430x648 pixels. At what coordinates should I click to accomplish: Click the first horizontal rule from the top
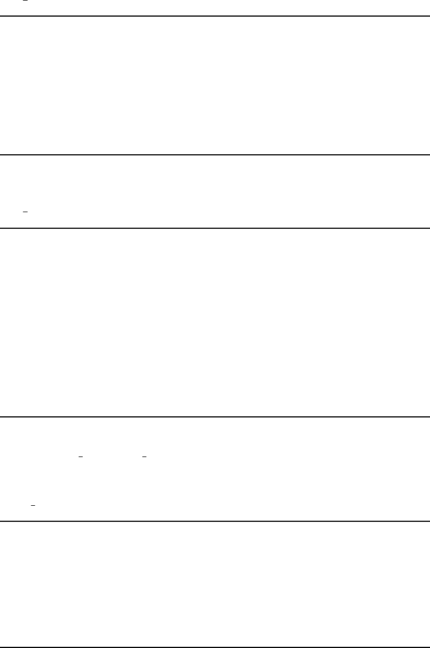click(215, 16)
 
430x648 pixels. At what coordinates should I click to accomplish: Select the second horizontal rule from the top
click(215, 155)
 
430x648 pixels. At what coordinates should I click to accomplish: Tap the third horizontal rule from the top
click(215, 228)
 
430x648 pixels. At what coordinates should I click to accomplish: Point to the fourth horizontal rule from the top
click(215, 417)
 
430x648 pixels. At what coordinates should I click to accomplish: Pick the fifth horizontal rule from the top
click(215, 521)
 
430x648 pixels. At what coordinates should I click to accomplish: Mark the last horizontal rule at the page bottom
click(215, 632)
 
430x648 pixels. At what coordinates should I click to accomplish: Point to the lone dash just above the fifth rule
click(33, 505)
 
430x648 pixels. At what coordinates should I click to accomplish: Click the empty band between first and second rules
click(215, 86)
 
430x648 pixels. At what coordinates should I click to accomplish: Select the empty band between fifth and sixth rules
click(215, 576)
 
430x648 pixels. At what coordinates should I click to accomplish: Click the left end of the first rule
click(2, 16)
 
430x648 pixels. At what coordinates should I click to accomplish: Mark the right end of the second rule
click(428, 155)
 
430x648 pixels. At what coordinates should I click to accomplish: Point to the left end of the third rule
click(2, 228)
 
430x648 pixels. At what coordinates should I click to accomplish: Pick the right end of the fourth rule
click(428, 417)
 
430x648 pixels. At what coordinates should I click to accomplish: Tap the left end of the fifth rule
click(2, 521)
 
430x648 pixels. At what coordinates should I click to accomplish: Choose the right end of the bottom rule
click(428, 632)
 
